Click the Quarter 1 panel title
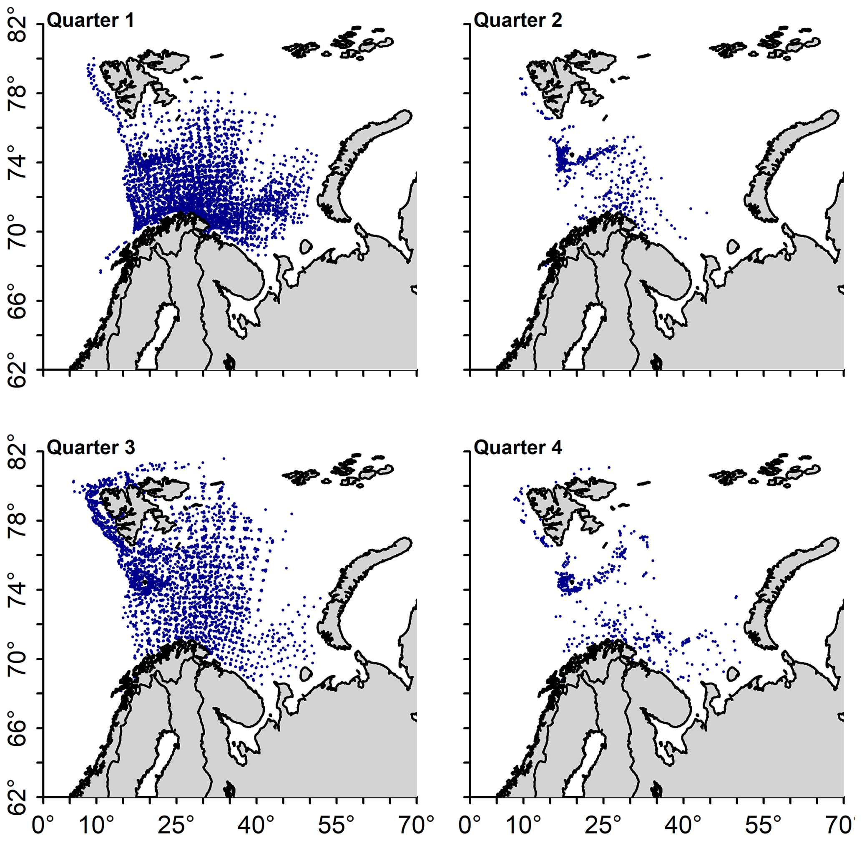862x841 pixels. tap(90, 20)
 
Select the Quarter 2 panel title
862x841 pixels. tap(518, 20)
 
